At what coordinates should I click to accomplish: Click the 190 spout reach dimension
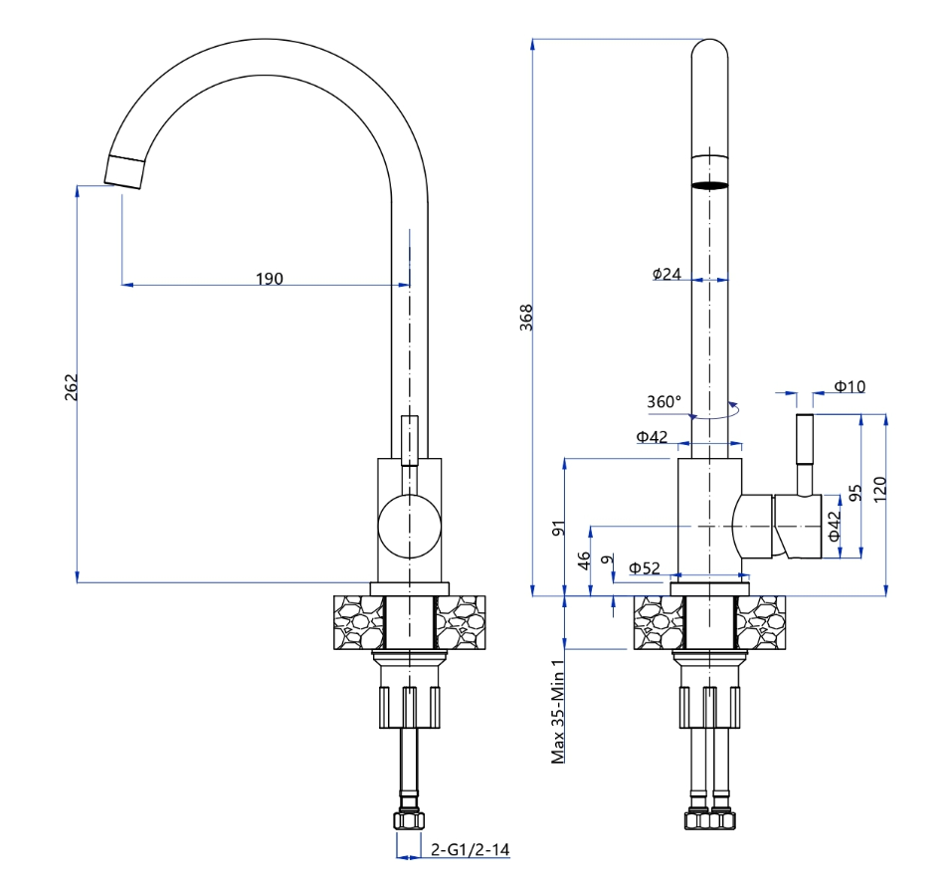[x=269, y=278]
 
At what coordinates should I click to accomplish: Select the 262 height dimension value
[x=71, y=386]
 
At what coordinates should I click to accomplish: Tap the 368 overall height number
[x=527, y=317]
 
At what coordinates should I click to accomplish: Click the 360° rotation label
[x=664, y=402]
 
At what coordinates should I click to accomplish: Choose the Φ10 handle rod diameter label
[x=850, y=386]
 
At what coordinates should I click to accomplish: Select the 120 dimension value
[x=879, y=489]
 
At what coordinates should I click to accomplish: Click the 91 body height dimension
[x=558, y=529]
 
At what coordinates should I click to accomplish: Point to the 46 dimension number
[x=584, y=560]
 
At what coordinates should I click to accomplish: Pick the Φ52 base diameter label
[x=645, y=568]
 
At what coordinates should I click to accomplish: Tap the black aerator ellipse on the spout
[x=709, y=184]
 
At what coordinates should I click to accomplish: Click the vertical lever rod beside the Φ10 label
[x=805, y=453]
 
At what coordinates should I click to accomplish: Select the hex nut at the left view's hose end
[x=409, y=820]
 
